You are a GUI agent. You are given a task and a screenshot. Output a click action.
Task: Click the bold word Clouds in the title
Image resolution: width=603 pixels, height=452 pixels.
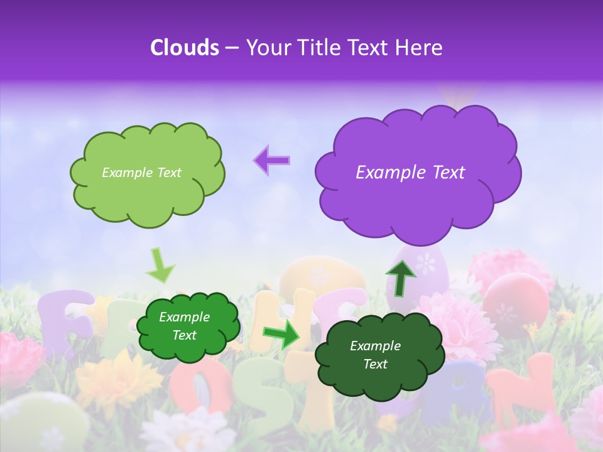coord(184,48)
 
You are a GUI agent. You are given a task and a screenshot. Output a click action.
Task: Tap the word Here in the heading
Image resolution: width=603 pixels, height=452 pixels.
coord(419,48)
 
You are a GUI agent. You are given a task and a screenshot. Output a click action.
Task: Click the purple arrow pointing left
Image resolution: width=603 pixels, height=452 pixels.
coord(272,160)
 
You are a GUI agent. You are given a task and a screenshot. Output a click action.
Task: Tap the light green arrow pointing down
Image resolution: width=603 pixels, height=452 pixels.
coord(160,266)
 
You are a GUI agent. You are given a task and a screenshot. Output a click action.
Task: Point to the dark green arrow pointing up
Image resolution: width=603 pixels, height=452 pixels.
coord(401,277)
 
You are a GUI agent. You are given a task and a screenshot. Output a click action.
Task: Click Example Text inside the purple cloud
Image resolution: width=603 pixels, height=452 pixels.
coord(410,173)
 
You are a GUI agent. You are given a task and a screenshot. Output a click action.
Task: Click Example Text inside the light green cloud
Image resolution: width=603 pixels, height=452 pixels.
coord(141,173)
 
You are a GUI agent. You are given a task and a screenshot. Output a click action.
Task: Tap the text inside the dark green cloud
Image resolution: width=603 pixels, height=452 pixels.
coord(375,355)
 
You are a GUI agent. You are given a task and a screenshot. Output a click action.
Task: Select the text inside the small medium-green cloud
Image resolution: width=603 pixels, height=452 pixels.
coord(184,326)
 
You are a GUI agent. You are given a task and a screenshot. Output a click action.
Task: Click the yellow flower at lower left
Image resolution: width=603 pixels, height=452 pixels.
coord(116,377)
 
